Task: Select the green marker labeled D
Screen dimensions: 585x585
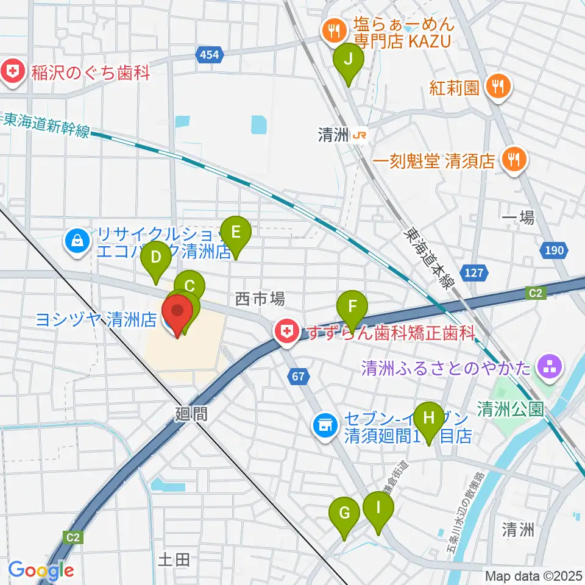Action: (x=157, y=259)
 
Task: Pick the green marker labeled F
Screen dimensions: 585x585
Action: (x=353, y=307)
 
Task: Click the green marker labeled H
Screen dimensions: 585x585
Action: (x=429, y=420)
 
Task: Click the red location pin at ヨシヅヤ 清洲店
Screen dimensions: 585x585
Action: (x=177, y=312)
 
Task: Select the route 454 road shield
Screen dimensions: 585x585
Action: (x=208, y=55)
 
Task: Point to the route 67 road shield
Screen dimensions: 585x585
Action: (x=297, y=377)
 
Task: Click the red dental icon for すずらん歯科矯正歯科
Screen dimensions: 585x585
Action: (x=284, y=333)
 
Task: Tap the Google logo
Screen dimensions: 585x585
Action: (x=41, y=570)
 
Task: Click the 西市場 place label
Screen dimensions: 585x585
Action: (x=260, y=299)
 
